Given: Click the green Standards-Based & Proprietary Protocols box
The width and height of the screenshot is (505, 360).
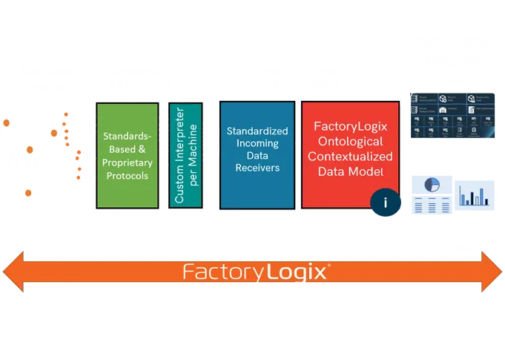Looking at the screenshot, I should [x=127, y=155].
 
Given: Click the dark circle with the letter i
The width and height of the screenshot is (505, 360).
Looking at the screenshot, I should [x=384, y=201].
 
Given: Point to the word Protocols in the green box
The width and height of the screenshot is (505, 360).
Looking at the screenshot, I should [x=127, y=176].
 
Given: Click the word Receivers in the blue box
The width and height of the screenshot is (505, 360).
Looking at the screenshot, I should [x=253, y=168].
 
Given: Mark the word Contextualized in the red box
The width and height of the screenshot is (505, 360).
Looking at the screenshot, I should [x=350, y=157].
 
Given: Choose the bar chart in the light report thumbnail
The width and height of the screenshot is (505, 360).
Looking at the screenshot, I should [x=474, y=195].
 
